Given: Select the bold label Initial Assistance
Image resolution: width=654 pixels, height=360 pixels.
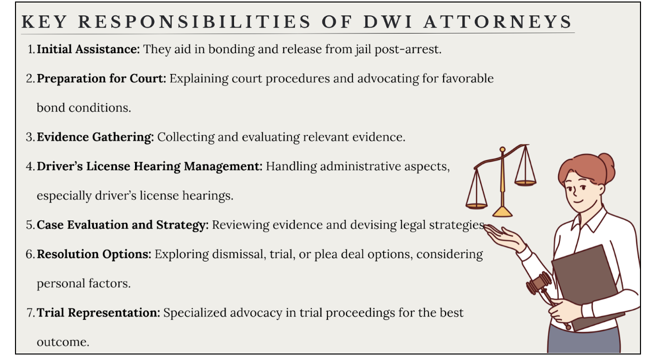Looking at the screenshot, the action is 88,49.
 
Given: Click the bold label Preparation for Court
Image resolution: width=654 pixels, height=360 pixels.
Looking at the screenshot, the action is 101,78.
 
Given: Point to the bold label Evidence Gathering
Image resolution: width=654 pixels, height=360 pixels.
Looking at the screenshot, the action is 95,137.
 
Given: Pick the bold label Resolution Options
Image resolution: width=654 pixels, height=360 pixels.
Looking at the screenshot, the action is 94,254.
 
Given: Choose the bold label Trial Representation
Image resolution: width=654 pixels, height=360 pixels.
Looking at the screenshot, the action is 98,312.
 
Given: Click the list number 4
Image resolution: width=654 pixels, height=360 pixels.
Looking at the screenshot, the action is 29,166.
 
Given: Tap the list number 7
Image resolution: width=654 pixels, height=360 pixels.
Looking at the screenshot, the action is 29,313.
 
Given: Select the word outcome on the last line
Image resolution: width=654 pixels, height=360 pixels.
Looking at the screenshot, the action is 62,342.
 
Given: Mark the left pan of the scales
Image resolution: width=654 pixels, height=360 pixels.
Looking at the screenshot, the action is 476,205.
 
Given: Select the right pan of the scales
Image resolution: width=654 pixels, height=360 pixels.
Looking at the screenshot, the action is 525,182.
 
